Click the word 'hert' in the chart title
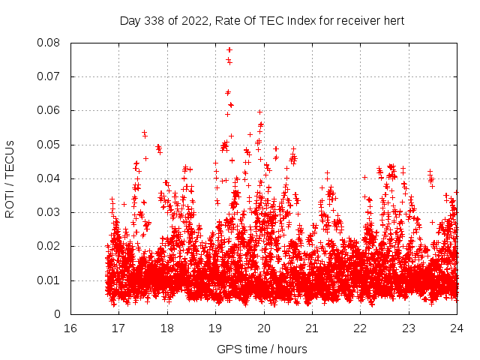tap(392, 21)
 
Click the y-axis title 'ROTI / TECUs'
tap(10, 178)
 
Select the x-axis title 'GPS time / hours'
tap(262, 349)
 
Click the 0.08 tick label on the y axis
tap(49, 43)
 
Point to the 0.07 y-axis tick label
tap(49, 76)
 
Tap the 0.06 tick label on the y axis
tap(49, 110)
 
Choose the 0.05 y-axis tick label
tap(49, 145)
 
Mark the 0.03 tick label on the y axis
tap(49, 212)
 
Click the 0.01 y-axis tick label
tap(49, 280)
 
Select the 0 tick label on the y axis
tap(58, 314)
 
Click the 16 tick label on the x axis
tap(70, 328)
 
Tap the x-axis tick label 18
tap(166, 328)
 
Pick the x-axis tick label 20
tap(263, 328)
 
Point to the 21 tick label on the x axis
tap(312, 328)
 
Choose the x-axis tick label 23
tap(409, 328)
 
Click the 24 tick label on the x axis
tap(457, 328)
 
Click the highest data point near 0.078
tap(229, 50)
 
